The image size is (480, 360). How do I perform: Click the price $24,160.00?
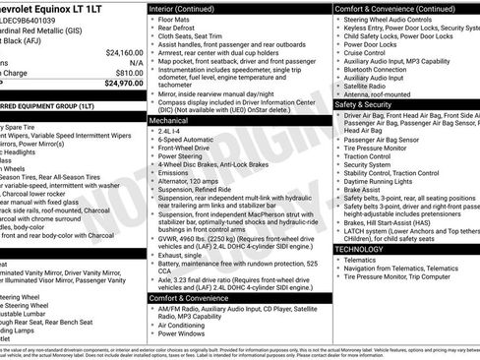pyautogui.click(x=124, y=52)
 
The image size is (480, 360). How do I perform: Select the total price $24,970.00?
pyautogui.click(x=122, y=84)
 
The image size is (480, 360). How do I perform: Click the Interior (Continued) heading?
pyautogui.click(x=192, y=7)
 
